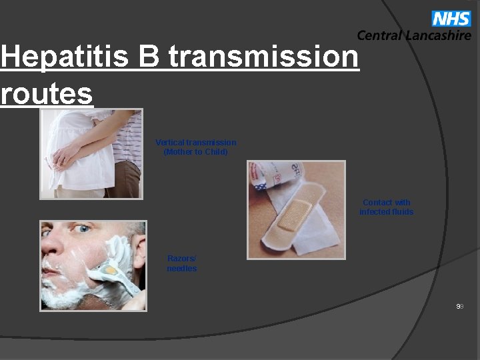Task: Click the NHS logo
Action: tap(451, 19)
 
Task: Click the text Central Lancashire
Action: tap(413, 36)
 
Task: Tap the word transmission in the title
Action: tap(263, 57)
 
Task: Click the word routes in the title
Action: tap(47, 94)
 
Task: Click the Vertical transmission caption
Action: tap(195, 143)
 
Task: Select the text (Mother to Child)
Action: tap(195, 152)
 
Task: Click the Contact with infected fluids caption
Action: tap(386, 207)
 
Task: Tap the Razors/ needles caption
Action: tap(181, 263)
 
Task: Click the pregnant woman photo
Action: tap(91, 154)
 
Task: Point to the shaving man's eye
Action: tap(83, 229)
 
